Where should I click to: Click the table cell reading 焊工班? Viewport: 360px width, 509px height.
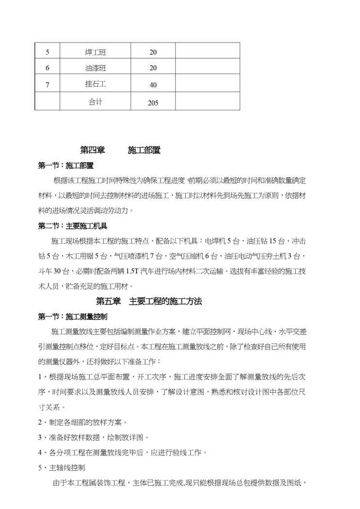(x=95, y=52)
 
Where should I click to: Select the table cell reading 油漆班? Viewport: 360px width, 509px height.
(x=95, y=68)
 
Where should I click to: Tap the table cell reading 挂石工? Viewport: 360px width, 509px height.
(x=95, y=84)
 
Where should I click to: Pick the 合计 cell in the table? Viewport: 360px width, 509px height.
(x=95, y=102)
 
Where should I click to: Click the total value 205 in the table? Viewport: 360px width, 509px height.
(x=153, y=103)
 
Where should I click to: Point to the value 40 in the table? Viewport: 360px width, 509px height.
(x=153, y=85)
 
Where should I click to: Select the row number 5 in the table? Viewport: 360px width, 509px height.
(x=47, y=52)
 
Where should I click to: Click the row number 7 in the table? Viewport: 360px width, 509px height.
(x=47, y=85)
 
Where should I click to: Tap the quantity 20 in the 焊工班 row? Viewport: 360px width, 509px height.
(x=153, y=52)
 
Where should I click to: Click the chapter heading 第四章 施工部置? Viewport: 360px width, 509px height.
(x=120, y=150)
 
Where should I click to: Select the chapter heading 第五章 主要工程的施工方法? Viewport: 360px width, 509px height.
(x=149, y=301)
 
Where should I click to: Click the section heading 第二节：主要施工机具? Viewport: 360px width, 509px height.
(x=73, y=225)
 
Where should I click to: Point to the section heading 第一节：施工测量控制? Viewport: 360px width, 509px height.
(x=73, y=316)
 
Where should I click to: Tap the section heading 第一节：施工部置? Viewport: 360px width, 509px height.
(x=66, y=165)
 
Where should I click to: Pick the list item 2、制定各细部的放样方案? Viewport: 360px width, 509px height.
(x=82, y=422)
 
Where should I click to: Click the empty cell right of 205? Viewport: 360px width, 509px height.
(x=208, y=102)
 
